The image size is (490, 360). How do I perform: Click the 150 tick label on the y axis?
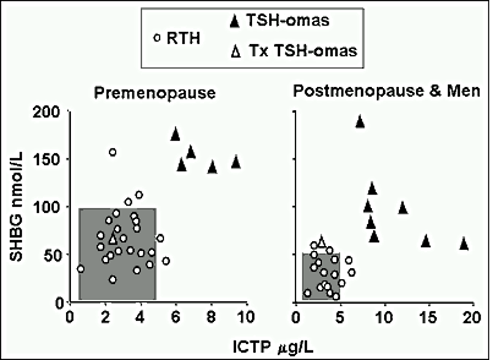pyautogui.click(x=53, y=160)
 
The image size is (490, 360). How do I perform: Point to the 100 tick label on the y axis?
pyautogui.click(x=53, y=208)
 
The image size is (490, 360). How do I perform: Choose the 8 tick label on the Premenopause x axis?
pyautogui.click(x=211, y=317)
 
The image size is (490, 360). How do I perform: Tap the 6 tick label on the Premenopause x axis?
pyautogui.click(x=176, y=317)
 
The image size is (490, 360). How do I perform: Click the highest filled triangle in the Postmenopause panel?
pyautogui.click(x=360, y=122)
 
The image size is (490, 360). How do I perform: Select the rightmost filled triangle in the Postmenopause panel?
pyautogui.click(x=464, y=244)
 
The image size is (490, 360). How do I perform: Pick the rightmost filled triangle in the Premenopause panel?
pyautogui.click(x=236, y=162)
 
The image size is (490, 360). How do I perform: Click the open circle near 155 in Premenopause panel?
pyautogui.click(x=112, y=152)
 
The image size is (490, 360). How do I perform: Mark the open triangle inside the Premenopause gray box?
pyautogui.click(x=112, y=238)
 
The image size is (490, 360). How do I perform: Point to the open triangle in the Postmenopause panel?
pyautogui.click(x=321, y=242)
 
